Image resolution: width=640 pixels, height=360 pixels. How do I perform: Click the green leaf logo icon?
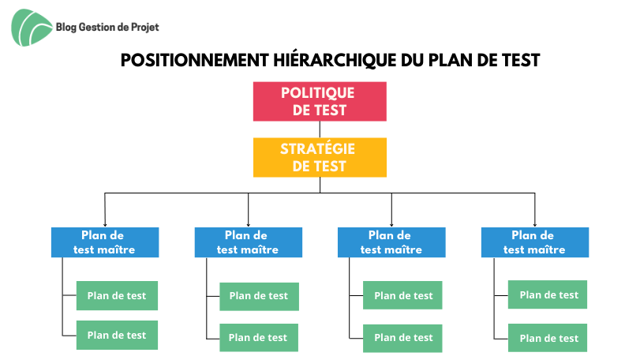pos(32,28)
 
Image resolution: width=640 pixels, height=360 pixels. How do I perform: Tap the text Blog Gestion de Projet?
pos(107,28)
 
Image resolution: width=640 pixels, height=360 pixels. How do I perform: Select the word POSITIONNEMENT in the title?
pos(195,61)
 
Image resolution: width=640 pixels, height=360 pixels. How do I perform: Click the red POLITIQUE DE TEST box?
pos(320,101)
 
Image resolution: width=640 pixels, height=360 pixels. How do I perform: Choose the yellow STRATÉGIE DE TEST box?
pos(320,157)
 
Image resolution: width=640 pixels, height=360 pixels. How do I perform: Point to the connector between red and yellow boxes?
pos(320,129)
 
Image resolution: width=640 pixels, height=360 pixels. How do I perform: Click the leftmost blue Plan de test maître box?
pos(105,242)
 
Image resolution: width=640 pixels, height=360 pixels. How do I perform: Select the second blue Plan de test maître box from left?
pos(248,242)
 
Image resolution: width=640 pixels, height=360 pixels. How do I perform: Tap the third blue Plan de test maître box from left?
pos(391,242)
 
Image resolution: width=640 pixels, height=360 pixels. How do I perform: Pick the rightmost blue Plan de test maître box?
pos(535,242)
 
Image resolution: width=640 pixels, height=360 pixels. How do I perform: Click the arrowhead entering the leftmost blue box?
pos(105,225)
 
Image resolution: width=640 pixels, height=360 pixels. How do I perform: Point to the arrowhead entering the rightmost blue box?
pos(535,225)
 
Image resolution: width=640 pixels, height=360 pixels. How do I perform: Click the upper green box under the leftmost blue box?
pos(117,295)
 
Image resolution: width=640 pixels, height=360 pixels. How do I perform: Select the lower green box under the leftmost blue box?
pos(117,335)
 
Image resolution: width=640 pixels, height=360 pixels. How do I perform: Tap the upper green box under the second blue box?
pos(259,297)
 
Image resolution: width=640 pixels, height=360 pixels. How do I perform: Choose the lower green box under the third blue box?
pos(402,339)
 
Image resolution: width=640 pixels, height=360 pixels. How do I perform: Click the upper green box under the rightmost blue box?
pos(548,294)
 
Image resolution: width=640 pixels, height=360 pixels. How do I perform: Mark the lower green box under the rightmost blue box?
pos(548,338)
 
